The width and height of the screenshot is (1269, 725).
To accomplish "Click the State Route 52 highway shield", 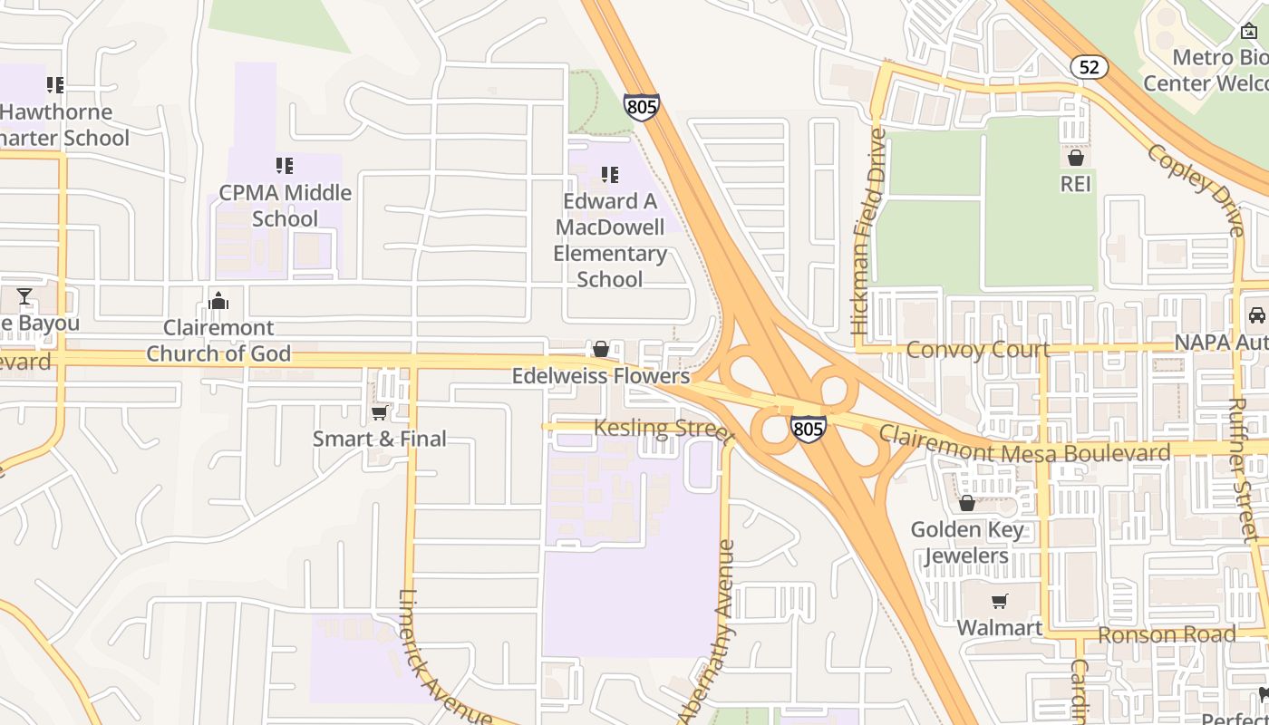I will point(1089,66).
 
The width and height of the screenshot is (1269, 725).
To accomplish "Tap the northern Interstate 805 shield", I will point(642,107).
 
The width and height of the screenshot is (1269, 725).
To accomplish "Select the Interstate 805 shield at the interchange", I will point(808,428).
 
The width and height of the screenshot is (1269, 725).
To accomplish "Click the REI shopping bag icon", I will point(1076,159).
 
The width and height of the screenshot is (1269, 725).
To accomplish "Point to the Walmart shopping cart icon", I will point(1000,601).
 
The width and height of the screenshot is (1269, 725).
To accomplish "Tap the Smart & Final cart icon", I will point(380,413).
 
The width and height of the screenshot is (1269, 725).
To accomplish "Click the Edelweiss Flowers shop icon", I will point(600,349).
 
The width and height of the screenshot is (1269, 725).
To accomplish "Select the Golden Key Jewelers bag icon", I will point(967,503).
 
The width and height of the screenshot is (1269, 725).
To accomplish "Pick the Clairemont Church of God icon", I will point(218,301).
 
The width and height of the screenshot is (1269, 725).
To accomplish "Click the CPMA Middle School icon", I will point(285,166).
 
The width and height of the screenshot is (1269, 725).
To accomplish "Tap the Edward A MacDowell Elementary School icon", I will point(610,174).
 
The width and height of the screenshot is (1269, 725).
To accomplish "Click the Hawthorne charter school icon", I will point(55,85).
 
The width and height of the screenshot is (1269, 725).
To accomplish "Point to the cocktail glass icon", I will point(24,296).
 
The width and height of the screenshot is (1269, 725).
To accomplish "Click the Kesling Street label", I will point(664,429).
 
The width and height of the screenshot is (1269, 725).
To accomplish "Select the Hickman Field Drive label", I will point(867,231).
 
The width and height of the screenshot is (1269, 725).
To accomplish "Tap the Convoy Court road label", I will point(978,350).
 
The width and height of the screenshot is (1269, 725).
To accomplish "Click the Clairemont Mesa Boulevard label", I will point(1024,445).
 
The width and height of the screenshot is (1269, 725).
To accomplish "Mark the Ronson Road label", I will point(1166,634).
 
